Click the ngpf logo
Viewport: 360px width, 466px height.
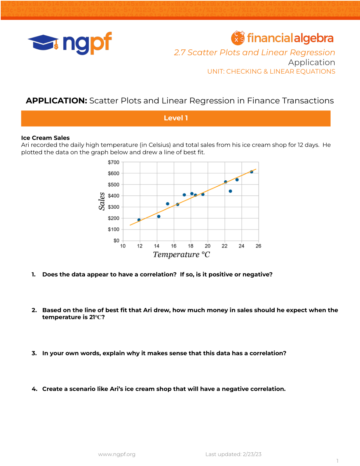pos(70,43)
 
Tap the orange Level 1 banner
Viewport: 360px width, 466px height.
pos(176,118)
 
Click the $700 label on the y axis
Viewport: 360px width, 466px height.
pos(114,162)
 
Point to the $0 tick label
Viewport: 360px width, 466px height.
pos(116,241)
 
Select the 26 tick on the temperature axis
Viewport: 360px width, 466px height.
pos(259,246)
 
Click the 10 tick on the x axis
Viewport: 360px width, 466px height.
pos(123,246)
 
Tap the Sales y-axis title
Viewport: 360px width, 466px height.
pos(101,201)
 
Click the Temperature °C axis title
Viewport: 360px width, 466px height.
pos(181,255)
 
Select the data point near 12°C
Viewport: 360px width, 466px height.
pos(139,220)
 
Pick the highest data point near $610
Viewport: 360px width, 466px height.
pos(252,172)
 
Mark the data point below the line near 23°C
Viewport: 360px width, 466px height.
pos(231,191)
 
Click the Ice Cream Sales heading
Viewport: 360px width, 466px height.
pos(45,138)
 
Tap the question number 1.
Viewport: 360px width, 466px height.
pos(33,275)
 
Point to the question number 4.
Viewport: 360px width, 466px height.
pos(34,389)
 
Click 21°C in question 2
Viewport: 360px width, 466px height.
pos(95,317)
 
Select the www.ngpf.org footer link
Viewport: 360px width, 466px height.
pos(117,454)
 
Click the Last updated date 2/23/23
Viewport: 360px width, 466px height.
pos(252,454)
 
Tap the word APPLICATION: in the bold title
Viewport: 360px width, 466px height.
pos(56,101)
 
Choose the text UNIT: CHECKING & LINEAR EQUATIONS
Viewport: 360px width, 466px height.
pos(271,71)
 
